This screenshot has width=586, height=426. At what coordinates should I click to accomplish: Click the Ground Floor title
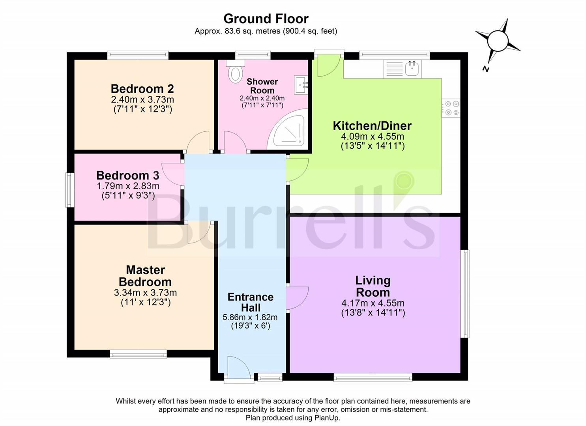coord(266,19)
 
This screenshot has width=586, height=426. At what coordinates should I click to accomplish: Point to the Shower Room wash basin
coord(301,85)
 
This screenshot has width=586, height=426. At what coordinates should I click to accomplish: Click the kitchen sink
coord(412,69)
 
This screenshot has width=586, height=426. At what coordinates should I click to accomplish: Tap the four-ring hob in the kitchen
coord(451,108)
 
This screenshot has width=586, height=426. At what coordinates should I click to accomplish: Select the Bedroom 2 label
coord(142,89)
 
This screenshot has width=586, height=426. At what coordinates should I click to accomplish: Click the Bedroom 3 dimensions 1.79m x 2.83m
coord(128,186)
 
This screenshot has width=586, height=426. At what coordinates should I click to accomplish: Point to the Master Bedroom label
coord(145,276)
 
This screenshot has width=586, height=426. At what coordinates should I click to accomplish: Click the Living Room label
coord(373,286)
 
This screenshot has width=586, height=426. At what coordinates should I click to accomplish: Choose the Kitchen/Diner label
coord(372,126)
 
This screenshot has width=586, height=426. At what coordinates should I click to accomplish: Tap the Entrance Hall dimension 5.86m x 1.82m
coord(250,317)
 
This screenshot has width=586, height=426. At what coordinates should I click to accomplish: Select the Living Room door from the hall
coord(297,298)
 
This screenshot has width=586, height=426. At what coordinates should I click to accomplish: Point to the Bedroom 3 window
coord(70,190)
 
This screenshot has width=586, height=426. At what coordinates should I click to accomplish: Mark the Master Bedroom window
coord(138,355)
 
